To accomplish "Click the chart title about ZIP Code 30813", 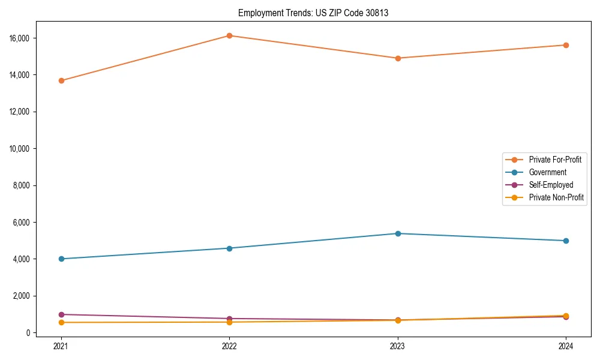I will (x=313, y=13).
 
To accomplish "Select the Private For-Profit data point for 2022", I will (x=229, y=35).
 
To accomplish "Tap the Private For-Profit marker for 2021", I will (x=61, y=80).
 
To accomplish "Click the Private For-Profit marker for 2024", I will (x=566, y=45).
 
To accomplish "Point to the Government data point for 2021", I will (x=61, y=259).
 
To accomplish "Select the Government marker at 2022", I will (x=229, y=248).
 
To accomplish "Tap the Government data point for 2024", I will (x=566, y=241).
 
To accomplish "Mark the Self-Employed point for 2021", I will (x=61, y=314).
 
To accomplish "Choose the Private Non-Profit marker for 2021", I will (x=61, y=323).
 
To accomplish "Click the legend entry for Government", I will (x=547, y=172).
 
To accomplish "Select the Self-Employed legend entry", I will (x=551, y=185).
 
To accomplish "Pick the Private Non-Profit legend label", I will (x=556, y=197).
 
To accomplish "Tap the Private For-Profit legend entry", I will (x=554, y=160).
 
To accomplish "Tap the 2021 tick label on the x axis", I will (x=61, y=346).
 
